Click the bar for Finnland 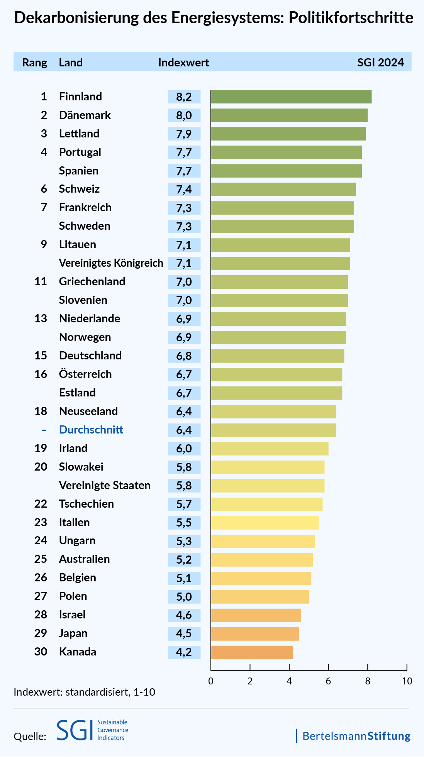pos(291,97)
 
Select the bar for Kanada pos(252,652)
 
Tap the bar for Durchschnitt pos(273,430)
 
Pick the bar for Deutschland pos(277,356)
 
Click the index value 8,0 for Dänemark pos(184,115)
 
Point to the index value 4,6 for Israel pos(184,615)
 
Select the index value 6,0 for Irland pos(184,449)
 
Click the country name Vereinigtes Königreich pos(111,263)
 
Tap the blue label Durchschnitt pos(91,430)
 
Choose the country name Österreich pos(85,374)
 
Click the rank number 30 pos(41,652)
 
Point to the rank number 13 pos(41,319)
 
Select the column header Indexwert pos(183,63)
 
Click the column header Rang pos(35,63)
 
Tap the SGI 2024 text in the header pos(380,63)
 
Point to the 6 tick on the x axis pos(328,681)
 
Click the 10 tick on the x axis pos(407,681)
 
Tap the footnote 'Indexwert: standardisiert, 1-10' pos(84,692)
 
